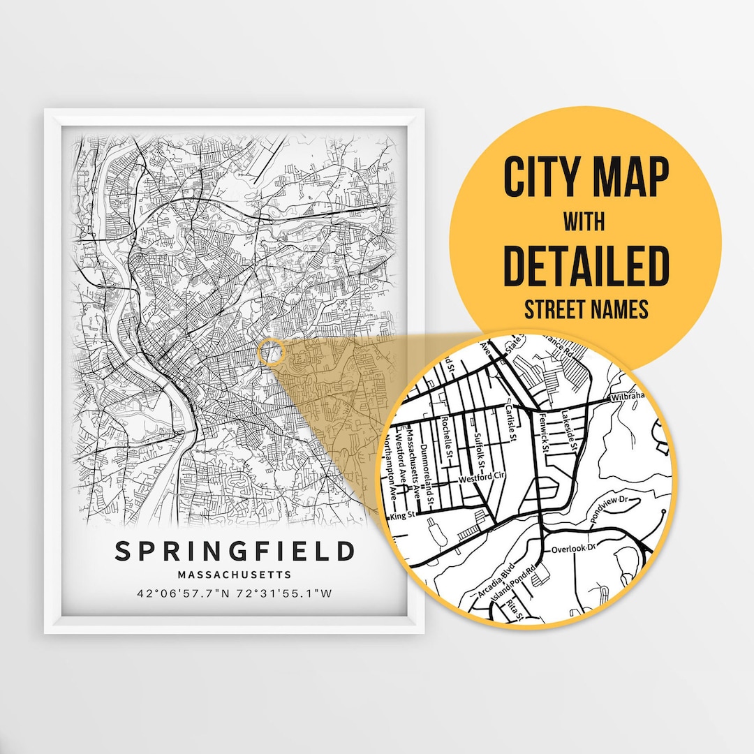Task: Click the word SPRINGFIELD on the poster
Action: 235,552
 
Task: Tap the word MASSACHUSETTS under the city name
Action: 235,575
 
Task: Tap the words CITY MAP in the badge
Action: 586,178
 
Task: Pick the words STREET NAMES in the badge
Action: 586,308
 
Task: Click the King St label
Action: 403,516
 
